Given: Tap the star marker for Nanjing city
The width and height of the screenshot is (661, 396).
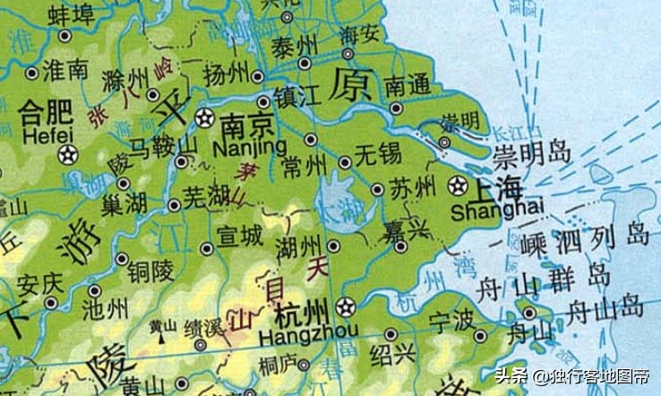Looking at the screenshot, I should (205, 118).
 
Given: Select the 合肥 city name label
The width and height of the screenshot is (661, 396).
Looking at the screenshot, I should (45, 112).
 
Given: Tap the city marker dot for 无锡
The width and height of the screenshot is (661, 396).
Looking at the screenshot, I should (346, 162).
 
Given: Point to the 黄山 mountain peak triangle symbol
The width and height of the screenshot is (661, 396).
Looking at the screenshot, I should (162, 340).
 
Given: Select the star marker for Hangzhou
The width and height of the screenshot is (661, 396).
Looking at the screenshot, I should (345, 306).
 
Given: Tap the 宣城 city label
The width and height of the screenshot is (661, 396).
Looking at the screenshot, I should (241, 237).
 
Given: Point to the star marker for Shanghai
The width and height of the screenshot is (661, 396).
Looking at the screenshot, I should (459, 186).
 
